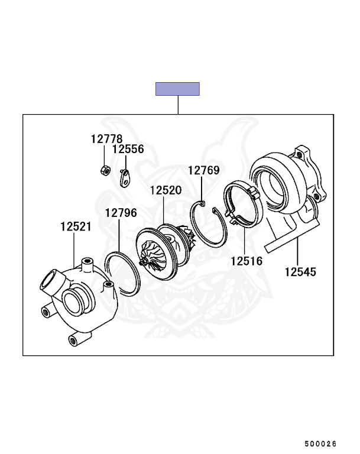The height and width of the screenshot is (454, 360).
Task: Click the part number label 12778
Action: tap(106, 139)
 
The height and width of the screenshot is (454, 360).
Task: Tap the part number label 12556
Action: tap(128, 149)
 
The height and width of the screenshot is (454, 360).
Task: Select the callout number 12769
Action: tap(204, 170)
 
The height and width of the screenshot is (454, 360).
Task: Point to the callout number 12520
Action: tap(166, 190)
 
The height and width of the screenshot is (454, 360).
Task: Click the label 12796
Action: tap(121, 213)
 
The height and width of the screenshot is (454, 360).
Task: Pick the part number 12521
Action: tap(76, 226)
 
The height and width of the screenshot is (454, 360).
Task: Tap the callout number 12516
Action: tap(247, 261)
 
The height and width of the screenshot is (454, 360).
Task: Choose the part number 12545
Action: tap(300, 272)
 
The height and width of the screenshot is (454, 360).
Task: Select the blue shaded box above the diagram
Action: tap(177, 89)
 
